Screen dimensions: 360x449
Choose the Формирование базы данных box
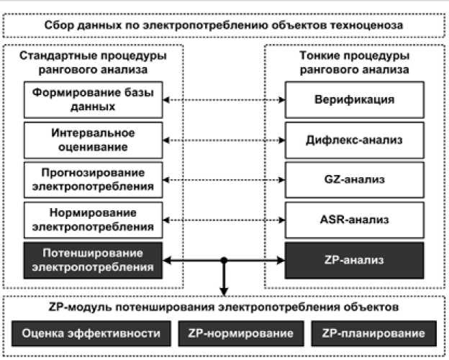pyautogui.click(x=92, y=99)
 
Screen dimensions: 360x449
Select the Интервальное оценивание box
pyautogui.click(x=92, y=140)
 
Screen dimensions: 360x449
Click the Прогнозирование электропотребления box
pyautogui.click(x=92, y=179)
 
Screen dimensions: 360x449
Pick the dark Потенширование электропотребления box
pyautogui.click(x=92, y=260)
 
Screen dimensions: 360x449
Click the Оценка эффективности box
pyautogui.click(x=91, y=333)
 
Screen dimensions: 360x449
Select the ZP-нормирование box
pyautogui.click(x=240, y=333)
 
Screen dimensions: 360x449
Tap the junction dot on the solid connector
pyautogui.click(x=224, y=260)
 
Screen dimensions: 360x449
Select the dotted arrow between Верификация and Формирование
pyautogui.click(x=224, y=99)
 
